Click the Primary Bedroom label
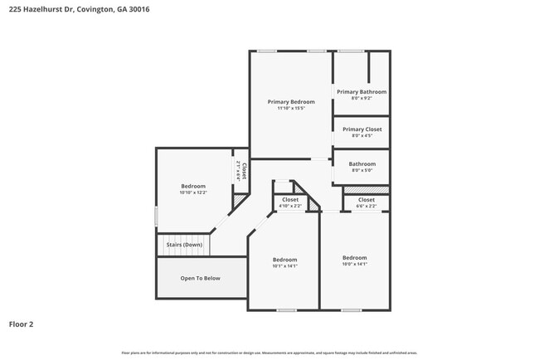coord(290,102)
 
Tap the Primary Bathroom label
coord(362,92)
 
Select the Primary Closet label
coord(362,129)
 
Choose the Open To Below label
coord(201,278)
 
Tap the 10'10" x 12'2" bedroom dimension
coord(193,192)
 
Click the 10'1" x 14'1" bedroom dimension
coord(284,266)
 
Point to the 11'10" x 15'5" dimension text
coord(290,109)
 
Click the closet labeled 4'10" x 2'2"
coord(290,202)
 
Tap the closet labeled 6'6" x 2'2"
coord(367,202)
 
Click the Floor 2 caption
coord(21,324)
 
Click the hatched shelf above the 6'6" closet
coord(367,190)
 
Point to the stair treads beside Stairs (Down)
coord(219,245)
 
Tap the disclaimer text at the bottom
coord(269,353)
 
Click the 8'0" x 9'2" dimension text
coord(362,98)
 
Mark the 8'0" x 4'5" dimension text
coord(362,135)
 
